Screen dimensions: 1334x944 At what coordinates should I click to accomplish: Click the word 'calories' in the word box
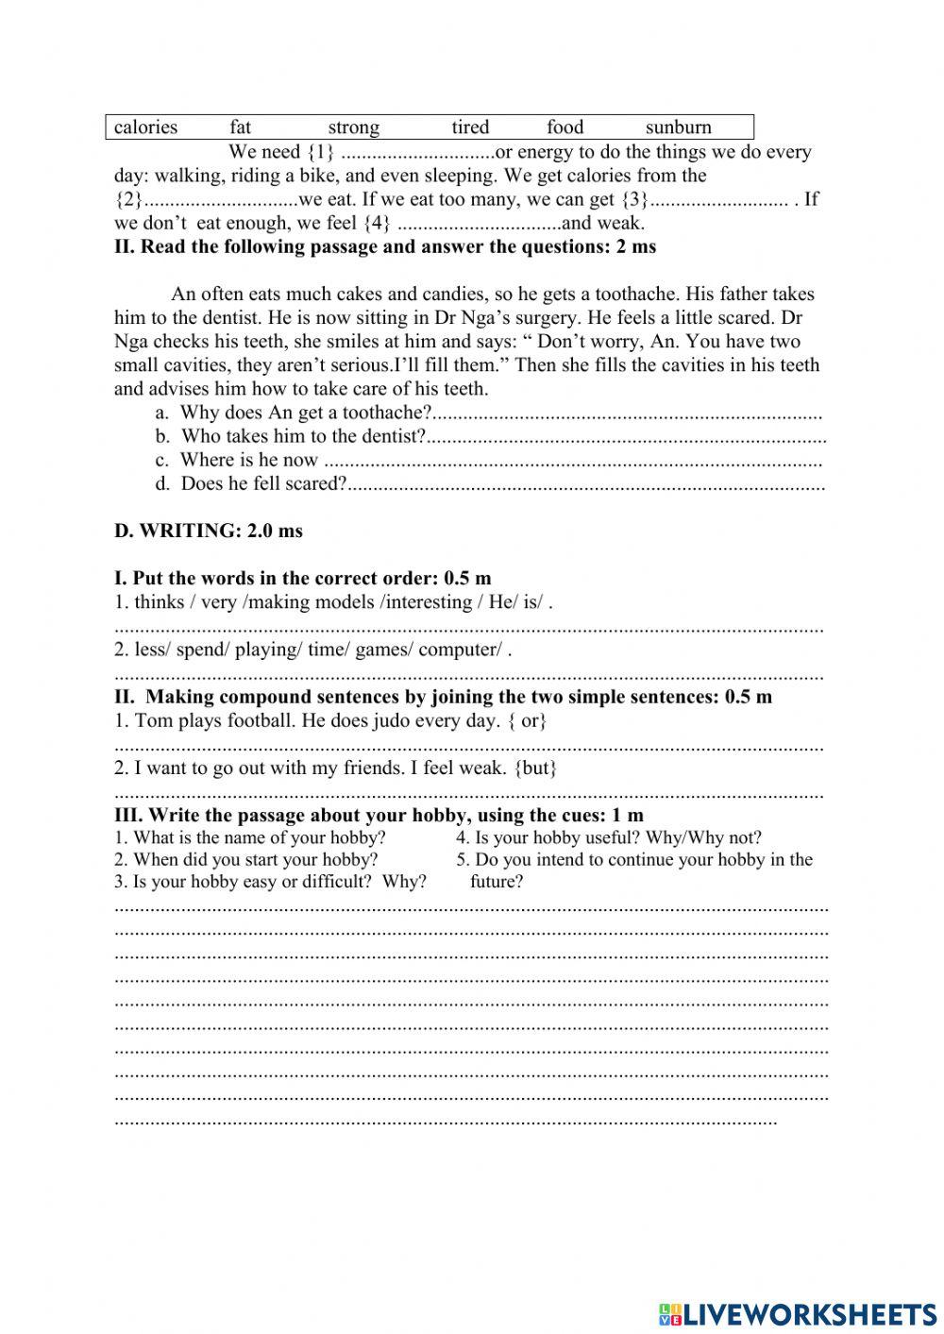pos(145,127)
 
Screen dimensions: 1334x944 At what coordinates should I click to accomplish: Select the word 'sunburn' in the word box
pos(678,127)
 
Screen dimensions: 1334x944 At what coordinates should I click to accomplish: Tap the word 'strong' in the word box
pos(353,127)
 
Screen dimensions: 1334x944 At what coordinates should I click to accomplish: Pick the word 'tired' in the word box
pos(470,127)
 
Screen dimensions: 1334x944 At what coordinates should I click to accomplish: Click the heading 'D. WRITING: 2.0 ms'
pos(209,531)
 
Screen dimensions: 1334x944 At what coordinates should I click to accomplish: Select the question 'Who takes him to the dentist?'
pos(303,436)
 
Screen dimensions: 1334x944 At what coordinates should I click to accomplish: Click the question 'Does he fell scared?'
pos(263,484)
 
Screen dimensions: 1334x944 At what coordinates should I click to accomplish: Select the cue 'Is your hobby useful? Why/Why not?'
pos(617,837)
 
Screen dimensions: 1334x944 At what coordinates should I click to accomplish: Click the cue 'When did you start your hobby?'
pos(255,859)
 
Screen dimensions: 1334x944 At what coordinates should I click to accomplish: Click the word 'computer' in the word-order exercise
pos(459,650)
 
